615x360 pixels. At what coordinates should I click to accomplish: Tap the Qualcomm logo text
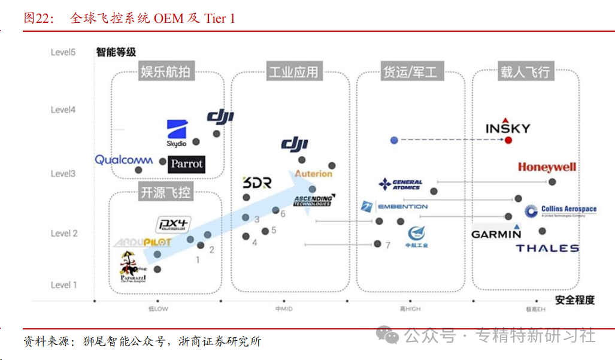click(x=124, y=160)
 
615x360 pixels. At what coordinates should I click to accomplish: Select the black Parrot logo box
click(x=186, y=164)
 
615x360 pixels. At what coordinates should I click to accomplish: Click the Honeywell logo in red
click(x=547, y=167)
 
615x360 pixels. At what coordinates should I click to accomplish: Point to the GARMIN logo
click(x=496, y=234)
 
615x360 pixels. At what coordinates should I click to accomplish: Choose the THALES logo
click(x=547, y=248)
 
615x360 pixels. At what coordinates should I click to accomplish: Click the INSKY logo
click(x=508, y=127)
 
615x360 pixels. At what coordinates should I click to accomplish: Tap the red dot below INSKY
click(x=508, y=140)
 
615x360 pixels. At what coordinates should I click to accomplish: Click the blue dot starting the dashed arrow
click(x=394, y=140)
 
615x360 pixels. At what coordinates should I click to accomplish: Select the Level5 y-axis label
click(x=63, y=52)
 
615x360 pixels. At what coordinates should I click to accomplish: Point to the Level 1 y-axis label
click(x=64, y=285)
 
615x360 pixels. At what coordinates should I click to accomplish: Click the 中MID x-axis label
click(x=283, y=308)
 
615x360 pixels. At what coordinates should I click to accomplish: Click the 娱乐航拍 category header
click(x=165, y=72)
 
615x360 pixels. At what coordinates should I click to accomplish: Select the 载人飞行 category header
click(x=525, y=72)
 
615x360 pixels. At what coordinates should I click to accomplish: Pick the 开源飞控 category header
click(x=165, y=193)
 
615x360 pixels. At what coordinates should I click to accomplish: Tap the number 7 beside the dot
click(x=387, y=245)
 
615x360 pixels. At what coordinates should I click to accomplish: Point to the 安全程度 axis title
click(x=574, y=300)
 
